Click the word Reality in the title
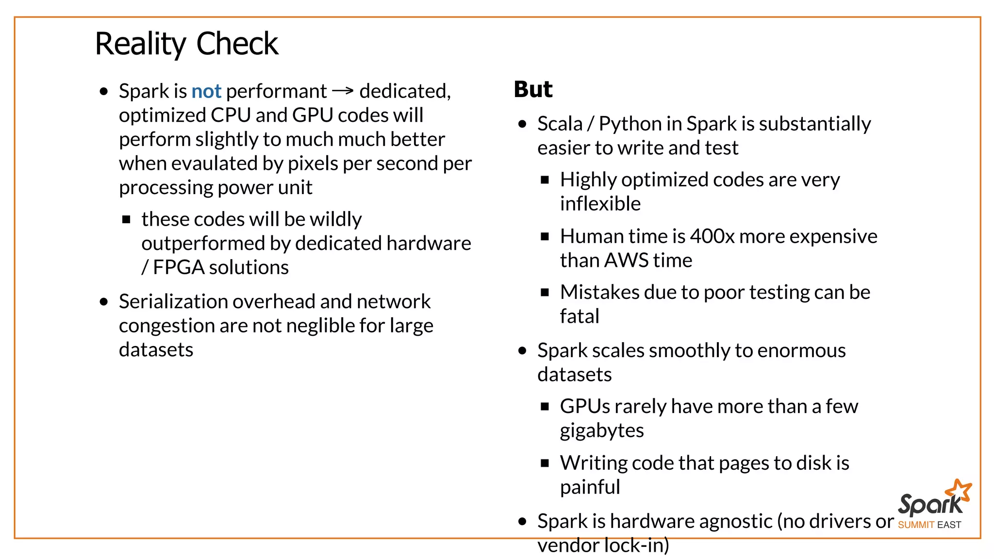tap(140, 44)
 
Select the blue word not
tap(206, 91)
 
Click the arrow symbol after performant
tap(343, 91)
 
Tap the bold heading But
tap(533, 89)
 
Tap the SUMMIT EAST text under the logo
tap(929, 525)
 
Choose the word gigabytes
tap(601, 430)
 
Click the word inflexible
tap(600, 204)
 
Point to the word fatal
tap(579, 316)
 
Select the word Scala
tap(560, 124)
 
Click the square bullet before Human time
tap(545, 237)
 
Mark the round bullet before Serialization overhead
tap(103, 302)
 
